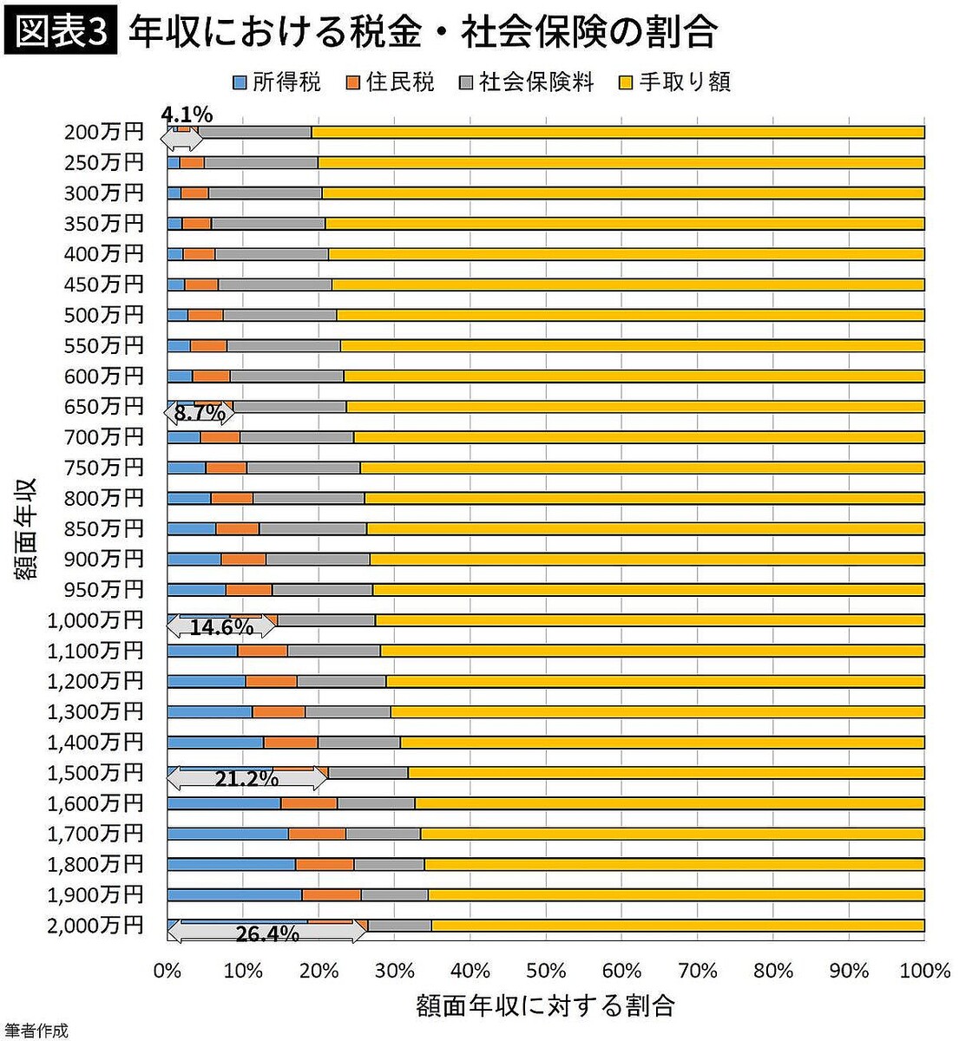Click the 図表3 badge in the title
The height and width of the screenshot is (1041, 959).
click(x=59, y=32)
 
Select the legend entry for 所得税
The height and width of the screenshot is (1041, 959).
click(x=277, y=82)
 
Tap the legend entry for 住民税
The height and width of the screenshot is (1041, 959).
click(x=390, y=82)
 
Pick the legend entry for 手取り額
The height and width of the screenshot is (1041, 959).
click(x=674, y=82)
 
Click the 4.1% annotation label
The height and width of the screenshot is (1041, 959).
click(x=187, y=115)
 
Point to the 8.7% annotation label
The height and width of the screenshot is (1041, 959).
click(x=200, y=413)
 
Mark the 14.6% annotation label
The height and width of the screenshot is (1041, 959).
click(x=220, y=626)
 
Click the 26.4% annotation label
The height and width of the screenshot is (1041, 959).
click(x=266, y=933)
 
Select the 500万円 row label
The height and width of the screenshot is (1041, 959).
click(x=103, y=315)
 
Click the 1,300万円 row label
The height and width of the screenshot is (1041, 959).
click(x=95, y=711)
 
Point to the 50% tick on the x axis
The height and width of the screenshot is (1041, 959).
click(x=545, y=970)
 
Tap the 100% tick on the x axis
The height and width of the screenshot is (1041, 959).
click(x=925, y=970)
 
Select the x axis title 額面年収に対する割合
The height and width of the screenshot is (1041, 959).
click(x=545, y=1005)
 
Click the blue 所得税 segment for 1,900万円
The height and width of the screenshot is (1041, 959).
click(x=233, y=894)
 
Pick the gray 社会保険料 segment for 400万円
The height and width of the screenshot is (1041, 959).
click(x=271, y=254)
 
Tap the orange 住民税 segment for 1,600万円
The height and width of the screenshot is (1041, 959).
click(x=308, y=803)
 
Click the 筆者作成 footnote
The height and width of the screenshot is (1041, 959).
click(x=35, y=1031)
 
